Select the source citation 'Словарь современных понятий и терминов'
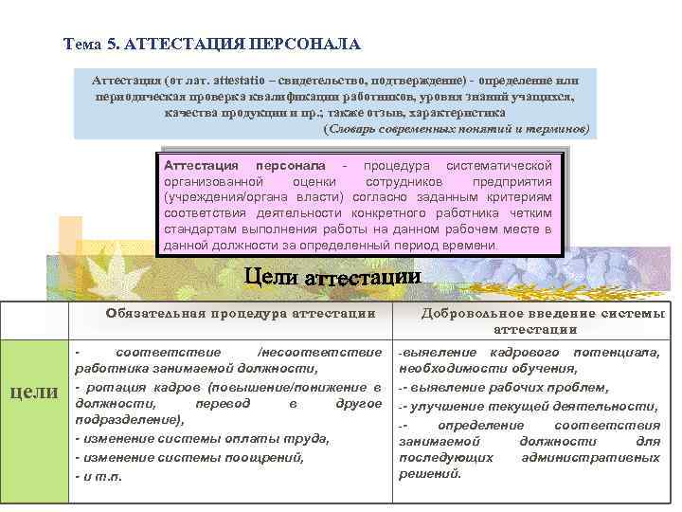click(458, 127)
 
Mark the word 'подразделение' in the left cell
click(127, 420)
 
